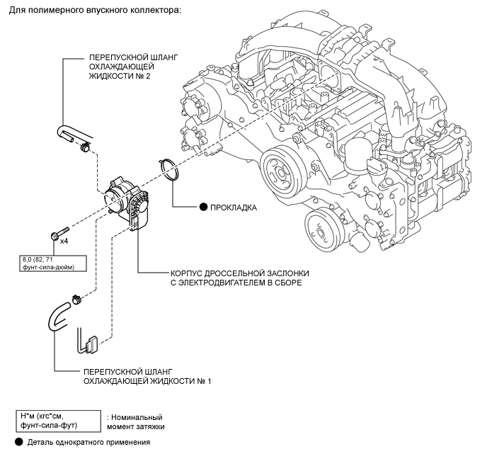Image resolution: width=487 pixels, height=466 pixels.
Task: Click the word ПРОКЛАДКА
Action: click(234, 208)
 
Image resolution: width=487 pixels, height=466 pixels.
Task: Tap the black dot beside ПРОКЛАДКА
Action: click(203, 208)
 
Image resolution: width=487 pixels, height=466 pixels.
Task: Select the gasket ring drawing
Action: click(170, 169)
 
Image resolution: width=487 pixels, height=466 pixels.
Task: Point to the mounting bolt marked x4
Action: click(59, 234)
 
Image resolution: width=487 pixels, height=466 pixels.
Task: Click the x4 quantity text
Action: click(64, 241)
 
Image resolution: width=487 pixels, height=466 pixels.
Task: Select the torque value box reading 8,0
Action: click(53, 263)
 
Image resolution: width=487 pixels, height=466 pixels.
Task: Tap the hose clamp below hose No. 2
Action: click(84, 147)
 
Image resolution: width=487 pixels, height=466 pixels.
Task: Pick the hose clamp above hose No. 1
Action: click(76, 300)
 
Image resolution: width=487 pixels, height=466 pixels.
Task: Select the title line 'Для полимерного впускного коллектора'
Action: click(95, 10)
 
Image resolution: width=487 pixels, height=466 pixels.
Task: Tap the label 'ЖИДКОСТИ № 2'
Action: click(120, 76)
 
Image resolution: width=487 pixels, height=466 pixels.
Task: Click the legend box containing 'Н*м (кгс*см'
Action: click(58, 421)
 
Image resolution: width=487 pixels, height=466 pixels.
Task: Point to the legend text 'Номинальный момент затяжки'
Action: click(136, 422)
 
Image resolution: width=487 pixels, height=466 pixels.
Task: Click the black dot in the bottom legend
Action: click(18, 442)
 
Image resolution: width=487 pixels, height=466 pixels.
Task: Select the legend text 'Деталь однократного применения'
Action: click(88, 442)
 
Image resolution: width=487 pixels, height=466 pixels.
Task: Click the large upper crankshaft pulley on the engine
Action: click(281, 172)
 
